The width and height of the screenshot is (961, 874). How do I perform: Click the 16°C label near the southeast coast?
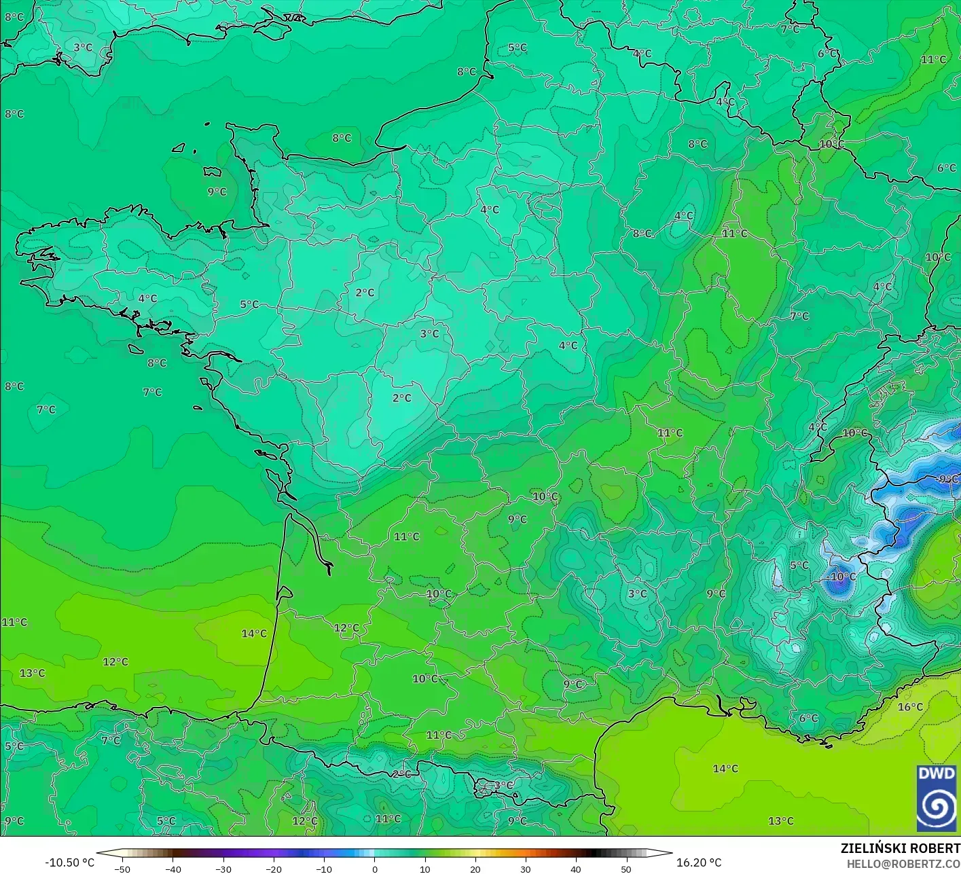[910, 707]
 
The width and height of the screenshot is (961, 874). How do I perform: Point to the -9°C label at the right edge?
[947, 479]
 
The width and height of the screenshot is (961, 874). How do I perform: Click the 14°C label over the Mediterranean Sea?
[725, 769]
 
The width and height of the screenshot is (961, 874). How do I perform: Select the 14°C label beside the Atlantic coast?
[254, 634]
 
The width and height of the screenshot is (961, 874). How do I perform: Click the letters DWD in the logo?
[937, 774]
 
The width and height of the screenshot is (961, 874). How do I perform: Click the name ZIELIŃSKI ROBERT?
[901, 849]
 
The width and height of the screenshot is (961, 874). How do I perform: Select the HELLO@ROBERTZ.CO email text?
[903, 863]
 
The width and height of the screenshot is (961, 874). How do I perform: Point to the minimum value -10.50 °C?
[70, 862]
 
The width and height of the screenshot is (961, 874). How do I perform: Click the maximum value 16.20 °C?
[699, 862]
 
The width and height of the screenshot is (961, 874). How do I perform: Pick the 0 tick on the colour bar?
[374, 869]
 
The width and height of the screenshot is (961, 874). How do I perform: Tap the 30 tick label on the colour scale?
[525, 869]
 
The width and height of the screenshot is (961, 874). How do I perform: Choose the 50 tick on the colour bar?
[626, 869]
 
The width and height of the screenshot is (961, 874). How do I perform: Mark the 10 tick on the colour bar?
[424, 869]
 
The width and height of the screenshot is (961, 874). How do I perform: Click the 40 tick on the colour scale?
[576, 869]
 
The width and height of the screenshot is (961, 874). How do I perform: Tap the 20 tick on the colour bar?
[475, 869]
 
